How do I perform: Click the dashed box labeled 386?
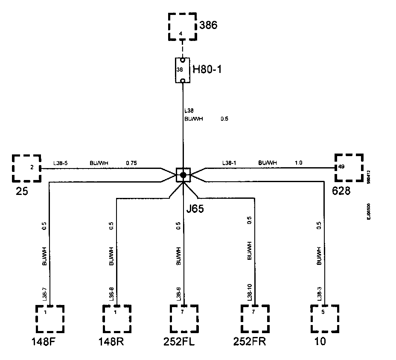coord(181,27)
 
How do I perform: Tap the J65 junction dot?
coord(183,175)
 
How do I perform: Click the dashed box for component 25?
coord(26,168)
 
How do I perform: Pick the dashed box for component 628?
coord(348,168)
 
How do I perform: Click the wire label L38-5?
coord(60,163)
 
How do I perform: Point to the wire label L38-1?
coord(229,163)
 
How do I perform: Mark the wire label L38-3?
coord(319,295)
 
